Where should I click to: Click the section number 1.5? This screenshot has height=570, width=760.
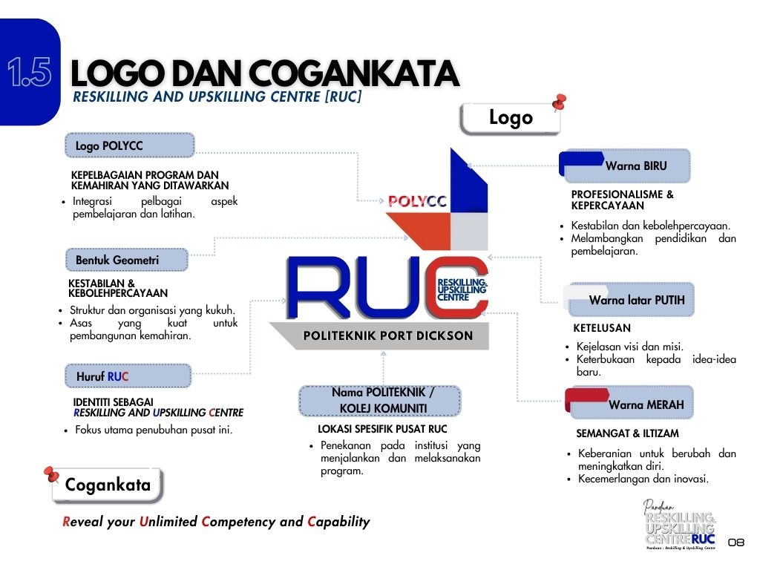(x=30, y=72)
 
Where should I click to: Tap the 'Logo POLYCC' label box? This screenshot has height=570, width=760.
(x=130, y=145)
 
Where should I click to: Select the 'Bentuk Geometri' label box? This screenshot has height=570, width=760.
(x=127, y=260)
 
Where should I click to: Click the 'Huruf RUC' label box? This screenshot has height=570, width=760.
(x=128, y=376)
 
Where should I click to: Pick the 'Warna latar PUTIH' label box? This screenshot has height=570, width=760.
(x=630, y=300)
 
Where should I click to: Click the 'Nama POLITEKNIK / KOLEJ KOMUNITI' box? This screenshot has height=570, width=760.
(x=380, y=400)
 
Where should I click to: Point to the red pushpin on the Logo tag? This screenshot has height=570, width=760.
(x=560, y=102)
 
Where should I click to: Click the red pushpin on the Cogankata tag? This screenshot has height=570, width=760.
(x=51, y=474)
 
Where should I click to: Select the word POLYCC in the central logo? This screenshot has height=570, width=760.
(x=417, y=201)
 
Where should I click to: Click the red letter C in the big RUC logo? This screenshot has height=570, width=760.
(x=456, y=287)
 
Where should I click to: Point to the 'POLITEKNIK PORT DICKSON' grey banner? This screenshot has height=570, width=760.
(x=380, y=335)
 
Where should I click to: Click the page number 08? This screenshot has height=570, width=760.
(x=736, y=543)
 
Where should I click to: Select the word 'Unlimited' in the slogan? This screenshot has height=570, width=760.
(x=168, y=522)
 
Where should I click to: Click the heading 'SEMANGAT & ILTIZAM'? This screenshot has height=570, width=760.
(x=627, y=433)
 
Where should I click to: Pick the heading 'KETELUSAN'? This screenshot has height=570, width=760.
(x=602, y=328)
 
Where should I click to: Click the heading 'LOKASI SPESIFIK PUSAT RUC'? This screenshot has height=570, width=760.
(x=382, y=429)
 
